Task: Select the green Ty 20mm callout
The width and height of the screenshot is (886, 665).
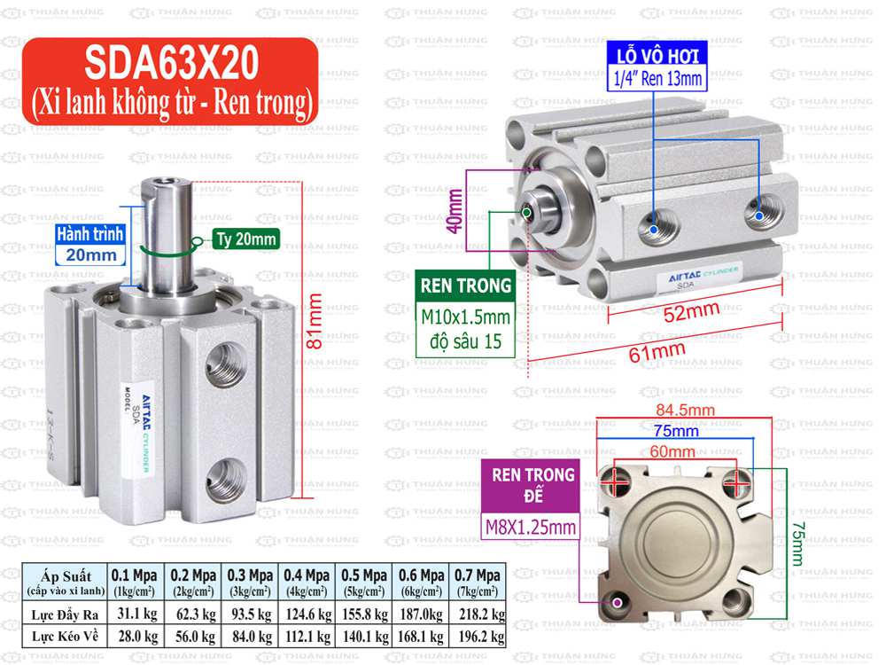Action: [245, 239]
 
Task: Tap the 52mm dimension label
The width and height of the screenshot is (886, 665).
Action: [690, 311]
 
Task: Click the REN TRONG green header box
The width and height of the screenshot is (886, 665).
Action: [466, 286]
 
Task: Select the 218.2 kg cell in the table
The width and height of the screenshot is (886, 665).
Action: [478, 614]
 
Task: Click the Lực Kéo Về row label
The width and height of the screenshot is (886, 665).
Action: [66, 636]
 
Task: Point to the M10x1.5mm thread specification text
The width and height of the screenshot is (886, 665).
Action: [466, 318]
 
